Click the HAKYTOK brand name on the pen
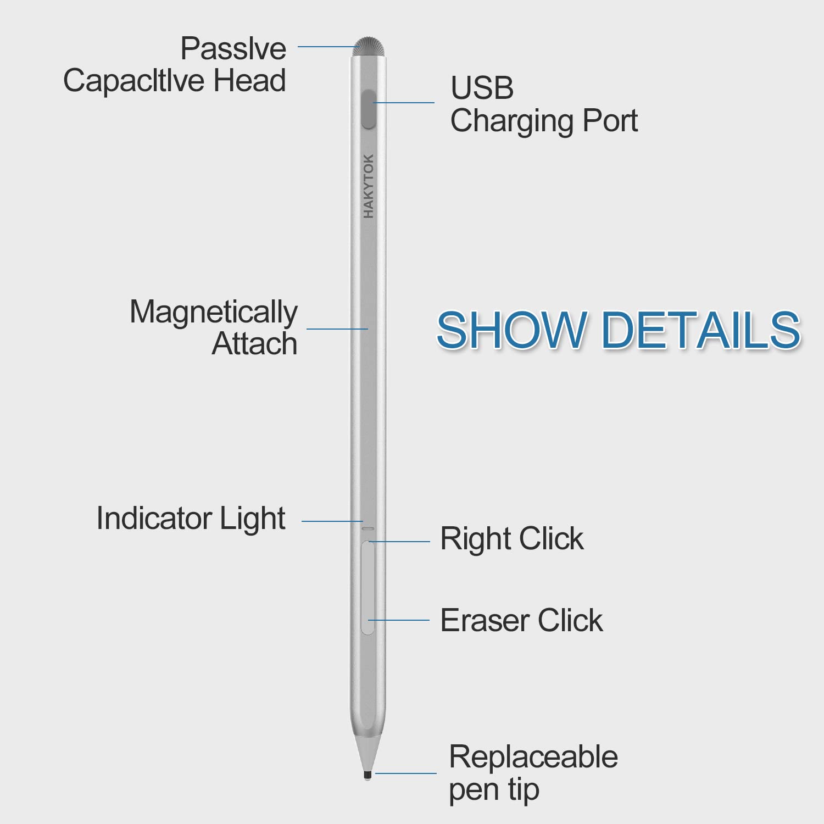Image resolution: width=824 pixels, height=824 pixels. tap(368, 186)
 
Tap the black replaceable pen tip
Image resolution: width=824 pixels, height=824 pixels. tap(368, 775)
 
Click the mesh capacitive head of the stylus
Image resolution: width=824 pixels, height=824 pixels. tap(369, 46)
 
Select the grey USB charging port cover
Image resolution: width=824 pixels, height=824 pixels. tap(369, 109)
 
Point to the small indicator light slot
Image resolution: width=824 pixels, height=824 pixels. tap(368, 529)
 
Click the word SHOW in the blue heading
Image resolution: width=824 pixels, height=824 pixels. tap(511, 330)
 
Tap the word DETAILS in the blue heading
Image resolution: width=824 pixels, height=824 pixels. tap(701, 330)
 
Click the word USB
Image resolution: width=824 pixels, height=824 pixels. tap(482, 88)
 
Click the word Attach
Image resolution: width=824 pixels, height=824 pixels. tap(255, 344)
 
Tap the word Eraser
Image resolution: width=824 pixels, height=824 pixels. tap(485, 621)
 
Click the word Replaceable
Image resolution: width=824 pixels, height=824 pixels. tap(533, 757)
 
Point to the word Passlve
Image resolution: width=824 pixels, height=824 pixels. tap(233, 48)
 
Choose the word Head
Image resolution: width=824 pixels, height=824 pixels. tap(250, 80)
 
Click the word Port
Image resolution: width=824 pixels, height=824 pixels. tap(610, 120)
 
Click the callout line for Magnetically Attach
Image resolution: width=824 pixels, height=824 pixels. tap(337, 329)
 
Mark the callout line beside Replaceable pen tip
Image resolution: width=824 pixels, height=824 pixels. tap(406, 773)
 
